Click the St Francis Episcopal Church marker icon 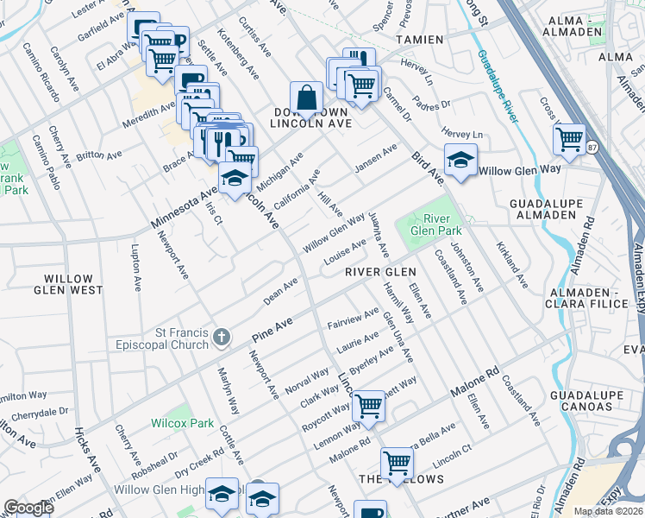pyautogui.click(x=222, y=336)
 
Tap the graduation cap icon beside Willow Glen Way pyautogui.click(x=460, y=161)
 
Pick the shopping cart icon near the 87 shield pyautogui.click(x=569, y=138)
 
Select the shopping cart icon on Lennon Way pyautogui.click(x=369, y=404)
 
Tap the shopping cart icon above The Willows pyautogui.click(x=397, y=462)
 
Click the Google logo pyautogui.click(x=28, y=508)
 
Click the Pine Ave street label pyautogui.click(x=272, y=329)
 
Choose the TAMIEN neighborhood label pyautogui.click(x=419, y=40)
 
